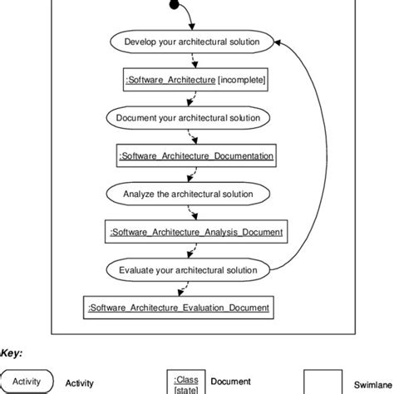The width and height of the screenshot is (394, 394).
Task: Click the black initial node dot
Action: [x=173, y=6]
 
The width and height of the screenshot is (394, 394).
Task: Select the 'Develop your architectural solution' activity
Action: [x=191, y=42]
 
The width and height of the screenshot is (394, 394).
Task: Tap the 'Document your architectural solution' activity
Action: [x=191, y=117]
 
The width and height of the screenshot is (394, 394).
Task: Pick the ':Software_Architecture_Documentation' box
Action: [x=195, y=155]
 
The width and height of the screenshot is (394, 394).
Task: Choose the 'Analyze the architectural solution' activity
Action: [x=191, y=194]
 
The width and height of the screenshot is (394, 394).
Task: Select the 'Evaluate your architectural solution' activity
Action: [x=191, y=270]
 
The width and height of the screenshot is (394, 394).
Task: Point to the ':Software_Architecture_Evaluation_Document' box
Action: [x=178, y=308]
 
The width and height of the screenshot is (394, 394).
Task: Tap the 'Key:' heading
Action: [x=12, y=352]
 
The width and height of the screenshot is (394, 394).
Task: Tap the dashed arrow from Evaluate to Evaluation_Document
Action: [x=180, y=289]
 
